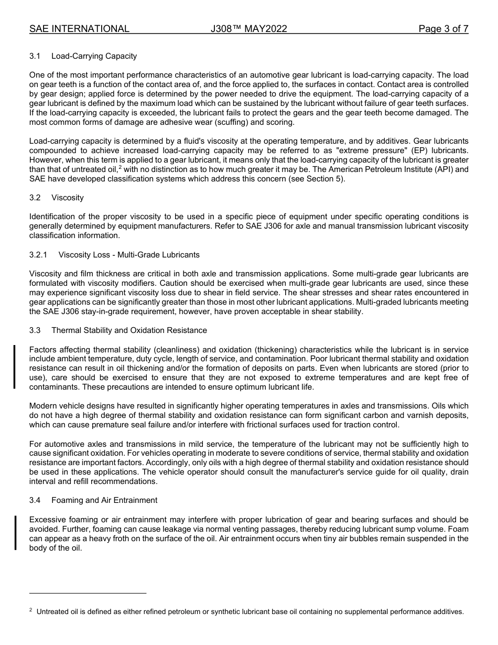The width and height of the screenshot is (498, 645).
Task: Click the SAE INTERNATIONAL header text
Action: (x=79, y=29)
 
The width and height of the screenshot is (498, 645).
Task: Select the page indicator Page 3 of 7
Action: (x=443, y=29)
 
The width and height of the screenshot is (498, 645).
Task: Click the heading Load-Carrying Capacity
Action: (x=94, y=56)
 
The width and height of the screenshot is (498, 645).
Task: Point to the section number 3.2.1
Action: (x=38, y=255)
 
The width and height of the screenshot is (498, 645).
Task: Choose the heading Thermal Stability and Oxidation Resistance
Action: (x=129, y=330)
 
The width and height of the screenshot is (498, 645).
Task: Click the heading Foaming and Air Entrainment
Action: (x=104, y=500)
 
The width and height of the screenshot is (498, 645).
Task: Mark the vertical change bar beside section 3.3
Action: (x=15, y=366)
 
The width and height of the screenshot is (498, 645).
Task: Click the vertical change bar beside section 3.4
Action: (x=15, y=532)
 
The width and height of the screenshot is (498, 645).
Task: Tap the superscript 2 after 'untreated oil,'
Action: (x=120, y=167)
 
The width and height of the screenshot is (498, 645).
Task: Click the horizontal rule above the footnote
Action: (x=88, y=593)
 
